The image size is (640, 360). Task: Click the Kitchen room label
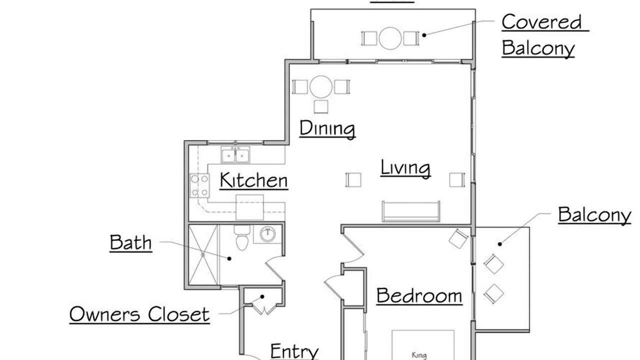click(253, 180)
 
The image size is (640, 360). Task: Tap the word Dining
click(327, 128)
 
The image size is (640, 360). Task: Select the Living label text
click(405, 168)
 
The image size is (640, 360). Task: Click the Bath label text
click(131, 243)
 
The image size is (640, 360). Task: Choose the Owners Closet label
click(139, 314)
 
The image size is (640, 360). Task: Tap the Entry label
click(294, 351)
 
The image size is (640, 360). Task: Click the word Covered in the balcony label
click(541, 21)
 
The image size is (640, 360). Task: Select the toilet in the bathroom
click(242, 237)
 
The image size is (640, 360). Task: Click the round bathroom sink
click(267, 234)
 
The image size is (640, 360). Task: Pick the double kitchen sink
click(235, 155)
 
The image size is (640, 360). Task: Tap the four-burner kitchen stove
click(199, 185)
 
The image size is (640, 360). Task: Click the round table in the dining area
click(321, 87)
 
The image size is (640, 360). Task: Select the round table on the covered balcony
click(390, 38)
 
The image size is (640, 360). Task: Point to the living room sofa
click(411, 211)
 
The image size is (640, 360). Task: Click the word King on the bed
click(419, 355)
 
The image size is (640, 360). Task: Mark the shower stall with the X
click(203, 255)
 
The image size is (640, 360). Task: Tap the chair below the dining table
click(321, 106)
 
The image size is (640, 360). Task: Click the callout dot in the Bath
click(229, 258)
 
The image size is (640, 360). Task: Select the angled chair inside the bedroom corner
click(458, 238)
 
